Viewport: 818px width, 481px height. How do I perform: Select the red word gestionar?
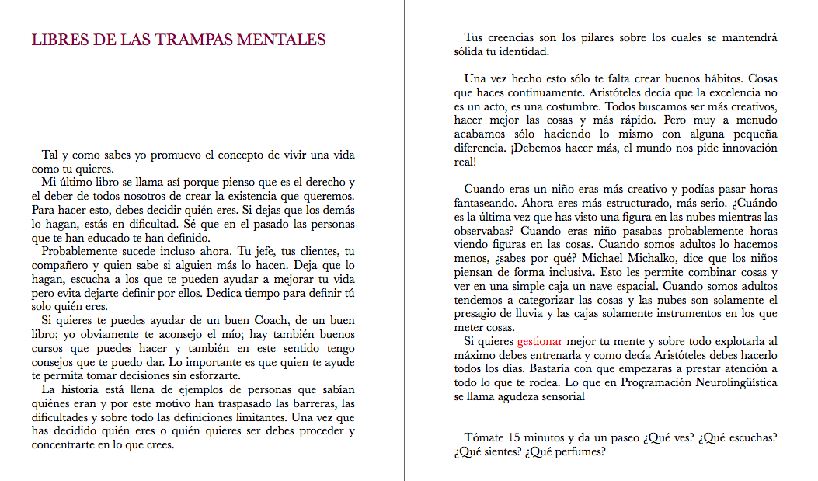coord(541,341)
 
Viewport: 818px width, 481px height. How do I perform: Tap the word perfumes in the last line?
coord(579,451)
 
